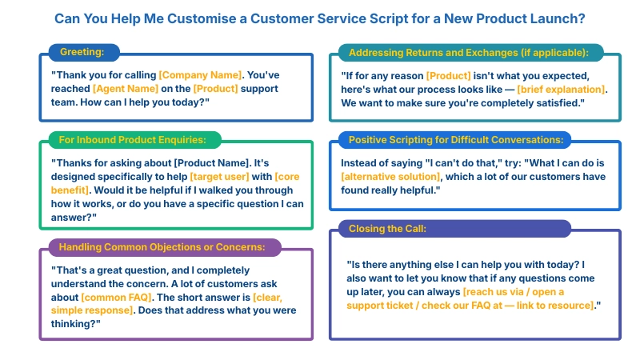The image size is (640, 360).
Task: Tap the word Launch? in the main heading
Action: (556, 18)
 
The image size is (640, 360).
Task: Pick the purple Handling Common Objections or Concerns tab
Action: (162, 246)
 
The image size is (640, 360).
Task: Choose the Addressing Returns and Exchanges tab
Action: (468, 53)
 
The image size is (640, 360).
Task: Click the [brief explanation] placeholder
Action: (562, 89)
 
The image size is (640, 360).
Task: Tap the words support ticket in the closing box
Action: (386, 306)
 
